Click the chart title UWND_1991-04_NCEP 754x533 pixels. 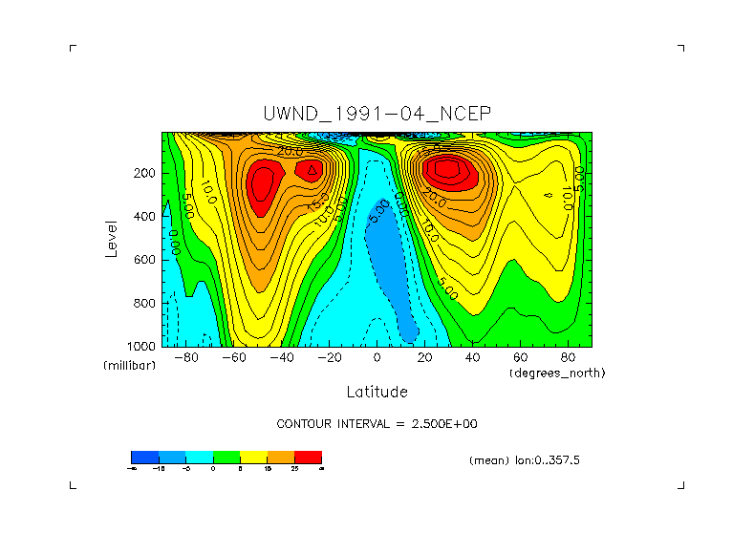pos(377,114)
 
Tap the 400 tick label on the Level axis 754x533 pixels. pos(146,217)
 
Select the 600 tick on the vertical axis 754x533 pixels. pos(146,260)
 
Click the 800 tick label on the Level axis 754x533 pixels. pos(146,303)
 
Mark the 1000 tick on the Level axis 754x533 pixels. pos(143,346)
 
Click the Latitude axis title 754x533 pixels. pos(377,392)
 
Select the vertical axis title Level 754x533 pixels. pos(113,238)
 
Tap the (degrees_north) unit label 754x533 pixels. pos(557,372)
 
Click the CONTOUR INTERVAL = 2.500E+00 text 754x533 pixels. pos(377,423)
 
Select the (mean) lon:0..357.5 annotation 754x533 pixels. pos(525,459)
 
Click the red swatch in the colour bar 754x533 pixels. pos(309,457)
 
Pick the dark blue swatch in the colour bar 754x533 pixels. pos(144,457)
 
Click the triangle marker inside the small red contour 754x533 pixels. pos(312,169)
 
